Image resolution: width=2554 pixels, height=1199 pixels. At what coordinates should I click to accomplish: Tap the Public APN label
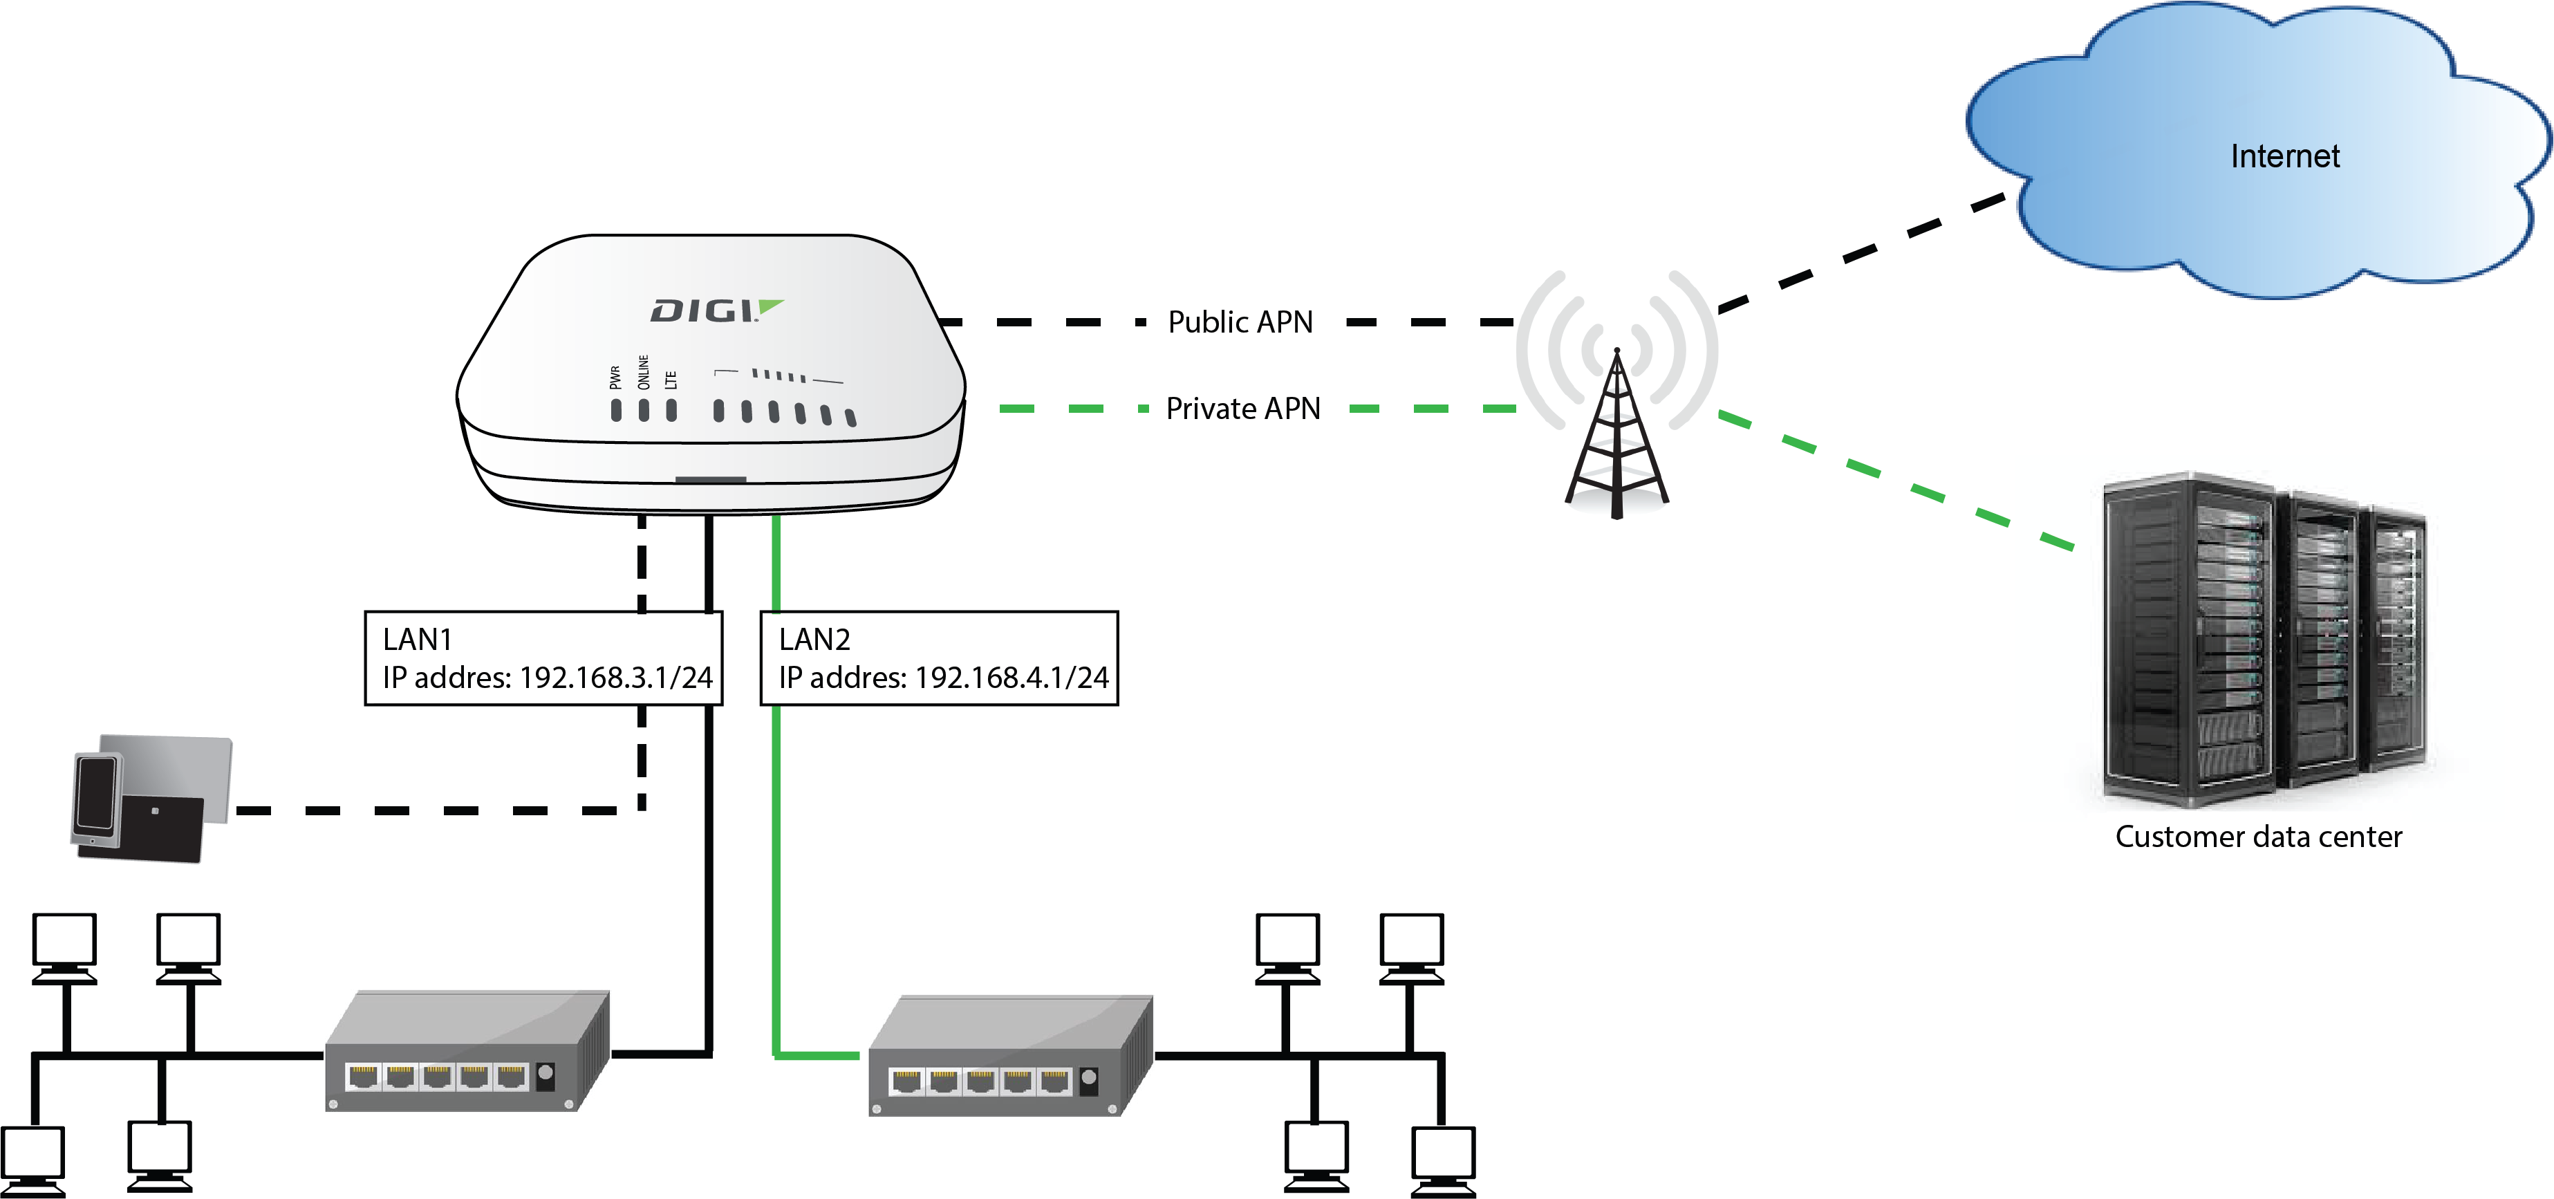(x=1240, y=322)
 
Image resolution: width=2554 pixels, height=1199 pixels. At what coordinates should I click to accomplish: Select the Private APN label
(x=1243, y=409)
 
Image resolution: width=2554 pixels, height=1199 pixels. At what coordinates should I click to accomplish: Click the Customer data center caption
(x=2259, y=837)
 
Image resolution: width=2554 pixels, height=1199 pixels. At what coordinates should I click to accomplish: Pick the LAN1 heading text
(x=418, y=640)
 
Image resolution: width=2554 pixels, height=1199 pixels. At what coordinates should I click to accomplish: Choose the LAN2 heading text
(x=814, y=640)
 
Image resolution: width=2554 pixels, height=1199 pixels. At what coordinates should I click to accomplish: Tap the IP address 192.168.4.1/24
(x=1012, y=678)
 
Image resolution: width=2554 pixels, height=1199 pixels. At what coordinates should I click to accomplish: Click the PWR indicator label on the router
(x=615, y=377)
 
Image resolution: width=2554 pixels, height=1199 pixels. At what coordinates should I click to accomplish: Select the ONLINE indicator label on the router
(x=644, y=372)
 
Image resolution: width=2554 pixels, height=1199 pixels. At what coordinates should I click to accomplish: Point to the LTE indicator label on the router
(x=671, y=379)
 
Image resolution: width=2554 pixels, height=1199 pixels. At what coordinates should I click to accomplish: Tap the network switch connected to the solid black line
(x=466, y=1051)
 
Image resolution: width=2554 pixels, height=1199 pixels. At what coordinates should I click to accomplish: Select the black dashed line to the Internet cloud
(x=1864, y=253)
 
